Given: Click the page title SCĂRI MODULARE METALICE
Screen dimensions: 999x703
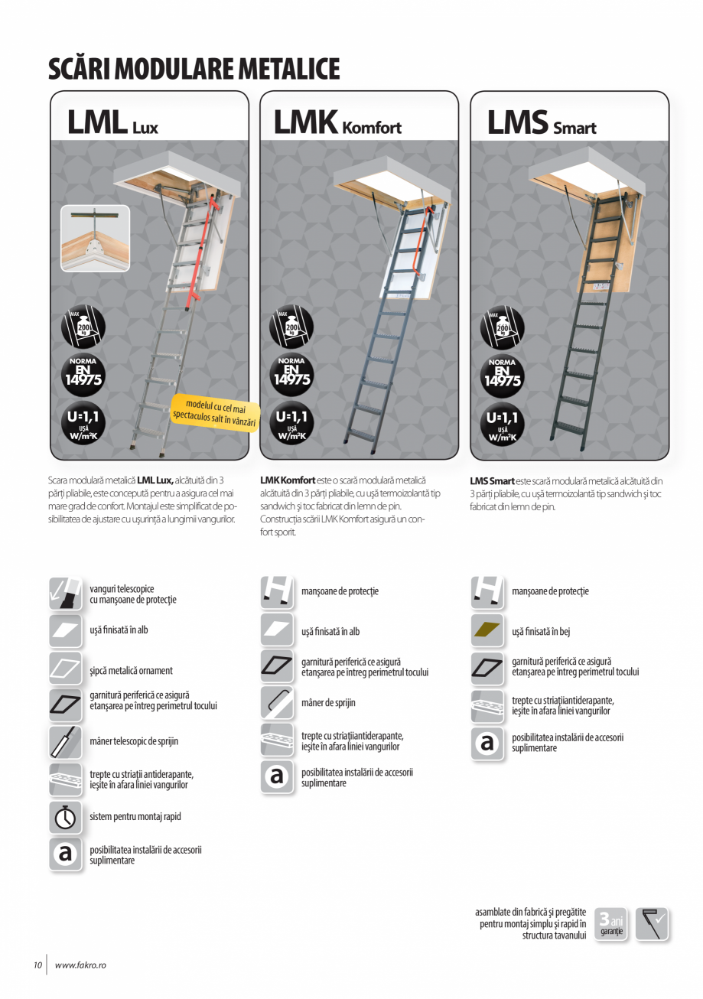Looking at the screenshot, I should pyautogui.click(x=194, y=69).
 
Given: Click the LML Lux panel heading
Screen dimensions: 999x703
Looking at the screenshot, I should pyautogui.click(x=112, y=123).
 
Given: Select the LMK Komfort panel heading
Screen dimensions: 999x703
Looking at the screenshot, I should pyautogui.click(x=337, y=123).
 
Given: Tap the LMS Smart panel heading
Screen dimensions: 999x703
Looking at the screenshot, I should pyautogui.click(x=542, y=123).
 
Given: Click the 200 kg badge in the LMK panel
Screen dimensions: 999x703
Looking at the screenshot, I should pyautogui.click(x=291, y=327).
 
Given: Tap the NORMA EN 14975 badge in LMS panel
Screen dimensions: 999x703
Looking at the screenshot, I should pyautogui.click(x=502, y=373).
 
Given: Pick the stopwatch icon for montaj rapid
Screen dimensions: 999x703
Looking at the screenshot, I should pyautogui.click(x=66, y=817).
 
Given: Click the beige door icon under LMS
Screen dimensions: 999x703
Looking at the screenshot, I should pyautogui.click(x=487, y=631).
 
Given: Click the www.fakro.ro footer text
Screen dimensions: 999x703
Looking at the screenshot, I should pyautogui.click(x=80, y=965).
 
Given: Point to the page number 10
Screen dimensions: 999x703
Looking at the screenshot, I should pyautogui.click(x=37, y=965).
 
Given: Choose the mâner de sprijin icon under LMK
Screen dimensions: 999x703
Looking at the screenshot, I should pyautogui.click(x=276, y=702).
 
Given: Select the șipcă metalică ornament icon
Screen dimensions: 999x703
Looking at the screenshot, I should pyautogui.click(x=66, y=670).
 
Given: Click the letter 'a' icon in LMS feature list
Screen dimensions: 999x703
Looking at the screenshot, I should pyautogui.click(x=487, y=743).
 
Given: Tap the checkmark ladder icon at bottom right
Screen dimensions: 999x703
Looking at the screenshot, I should pyautogui.click(x=652, y=923).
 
